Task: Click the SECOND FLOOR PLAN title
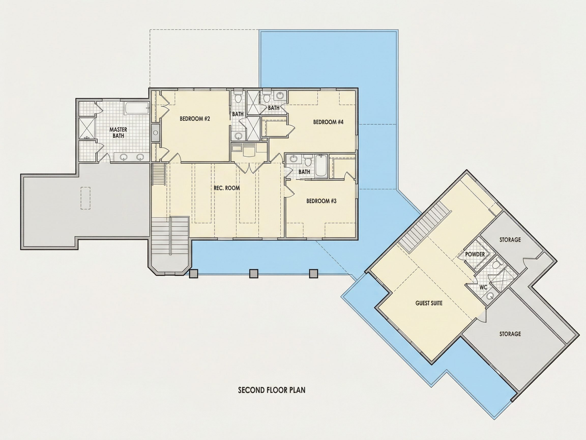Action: (x=272, y=390)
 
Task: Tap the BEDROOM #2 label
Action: (x=195, y=119)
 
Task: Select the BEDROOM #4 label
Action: (x=328, y=122)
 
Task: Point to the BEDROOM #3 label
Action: (x=321, y=201)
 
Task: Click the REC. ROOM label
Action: (x=227, y=188)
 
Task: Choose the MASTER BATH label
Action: (x=119, y=133)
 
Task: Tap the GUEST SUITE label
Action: (x=429, y=303)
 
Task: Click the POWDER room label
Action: (x=475, y=254)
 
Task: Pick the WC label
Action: (x=484, y=287)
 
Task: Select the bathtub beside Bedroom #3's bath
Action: (x=321, y=166)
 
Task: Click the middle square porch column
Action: (x=254, y=273)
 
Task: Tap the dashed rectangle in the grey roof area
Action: (x=85, y=198)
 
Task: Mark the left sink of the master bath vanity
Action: (x=123, y=157)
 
